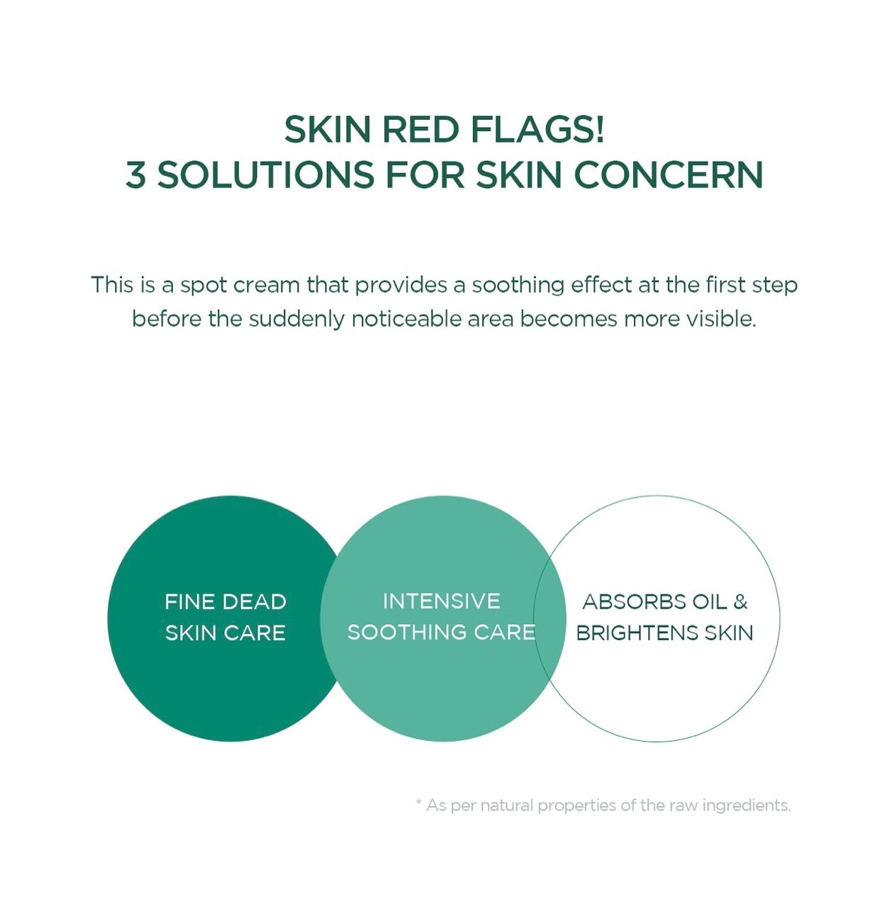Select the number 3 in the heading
coord(135,175)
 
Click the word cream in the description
coord(267,285)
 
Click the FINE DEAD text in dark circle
coord(225,602)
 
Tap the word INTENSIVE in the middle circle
coord(441,601)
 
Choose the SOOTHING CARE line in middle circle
coord(441,632)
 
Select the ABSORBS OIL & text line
coord(664,602)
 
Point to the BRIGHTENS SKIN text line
coord(664,632)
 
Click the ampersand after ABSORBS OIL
coord(741,602)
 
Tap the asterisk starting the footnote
coord(419,803)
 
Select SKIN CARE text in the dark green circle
coord(225,632)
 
